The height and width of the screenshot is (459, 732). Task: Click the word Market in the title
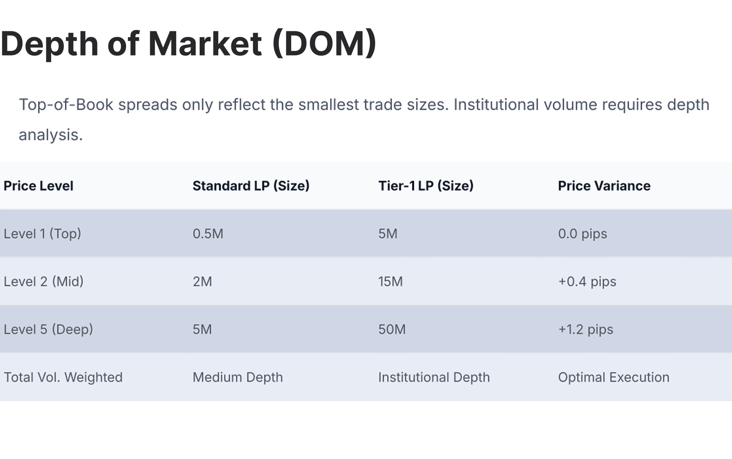tap(205, 43)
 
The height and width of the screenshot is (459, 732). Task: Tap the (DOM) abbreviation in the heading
tap(324, 43)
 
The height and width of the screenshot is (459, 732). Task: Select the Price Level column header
tap(38, 186)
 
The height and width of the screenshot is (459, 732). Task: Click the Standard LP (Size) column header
tap(251, 186)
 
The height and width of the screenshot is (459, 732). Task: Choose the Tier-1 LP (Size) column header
tap(426, 186)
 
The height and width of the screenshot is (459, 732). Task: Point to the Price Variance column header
tap(604, 186)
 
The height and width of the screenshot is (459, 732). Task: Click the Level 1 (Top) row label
tap(42, 234)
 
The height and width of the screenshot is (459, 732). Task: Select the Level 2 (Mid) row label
tap(44, 282)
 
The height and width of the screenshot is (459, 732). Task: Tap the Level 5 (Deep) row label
tap(48, 329)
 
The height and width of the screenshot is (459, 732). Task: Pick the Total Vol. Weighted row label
tap(63, 377)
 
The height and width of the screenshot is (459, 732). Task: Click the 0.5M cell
tap(208, 234)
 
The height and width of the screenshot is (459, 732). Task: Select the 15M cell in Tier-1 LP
tap(390, 282)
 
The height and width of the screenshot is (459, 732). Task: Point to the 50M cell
tap(392, 329)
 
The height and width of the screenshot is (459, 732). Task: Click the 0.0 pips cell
tap(582, 234)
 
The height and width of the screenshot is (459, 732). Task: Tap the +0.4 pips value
tap(587, 282)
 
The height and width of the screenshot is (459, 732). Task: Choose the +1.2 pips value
tap(585, 329)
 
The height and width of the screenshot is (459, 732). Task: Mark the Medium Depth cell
tap(238, 377)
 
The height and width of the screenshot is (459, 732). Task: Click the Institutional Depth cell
tap(434, 377)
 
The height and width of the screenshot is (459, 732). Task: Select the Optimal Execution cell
tap(614, 377)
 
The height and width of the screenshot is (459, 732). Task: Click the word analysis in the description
tap(50, 135)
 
